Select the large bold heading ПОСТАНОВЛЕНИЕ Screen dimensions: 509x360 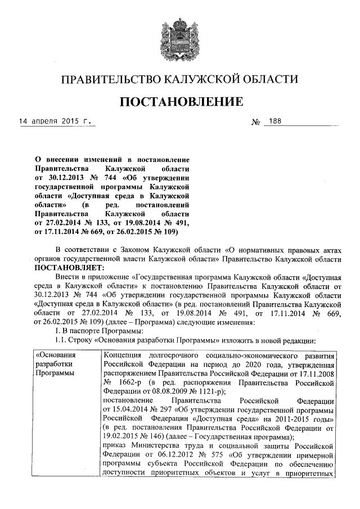pyautogui.click(x=179, y=102)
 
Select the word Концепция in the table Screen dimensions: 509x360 pyautogui.click(x=123, y=357)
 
